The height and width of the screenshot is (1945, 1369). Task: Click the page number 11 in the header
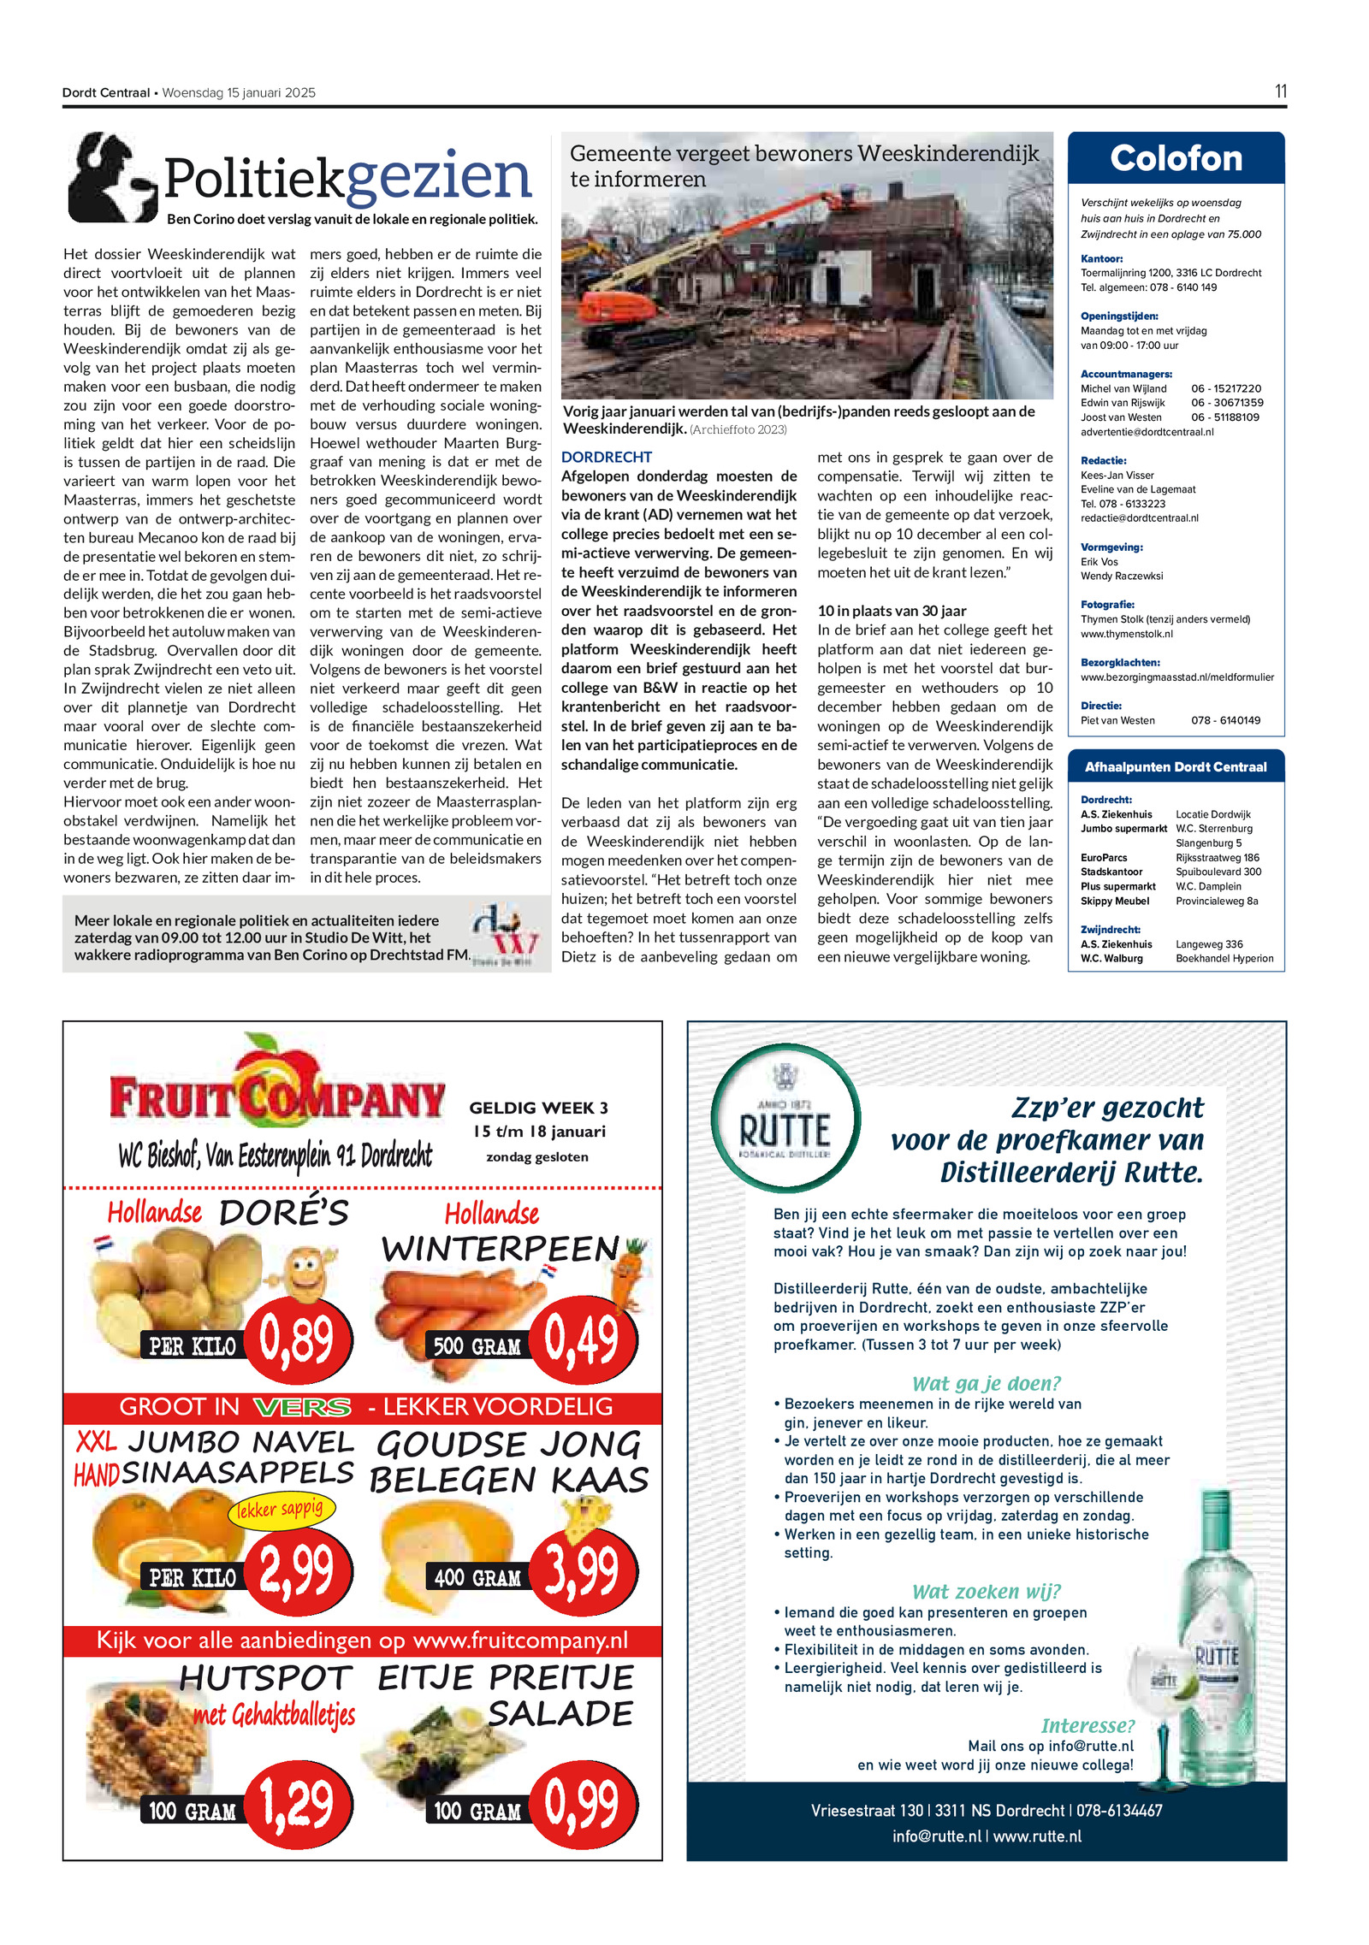coord(1280,92)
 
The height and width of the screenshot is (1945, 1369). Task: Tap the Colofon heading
coord(1176,159)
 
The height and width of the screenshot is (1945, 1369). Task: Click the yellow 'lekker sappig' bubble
coord(280,1509)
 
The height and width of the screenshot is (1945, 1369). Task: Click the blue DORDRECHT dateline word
coord(606,457)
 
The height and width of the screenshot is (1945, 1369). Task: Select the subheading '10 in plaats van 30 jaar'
coord(892,611)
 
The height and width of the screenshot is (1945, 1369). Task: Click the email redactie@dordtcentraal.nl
coord(1139,518)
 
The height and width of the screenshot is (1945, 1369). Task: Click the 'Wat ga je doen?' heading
coord(986,1383)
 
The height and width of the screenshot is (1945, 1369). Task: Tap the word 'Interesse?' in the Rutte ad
coord(1087,1725)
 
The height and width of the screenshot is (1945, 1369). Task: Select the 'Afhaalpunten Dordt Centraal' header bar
coord(1176,767)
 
